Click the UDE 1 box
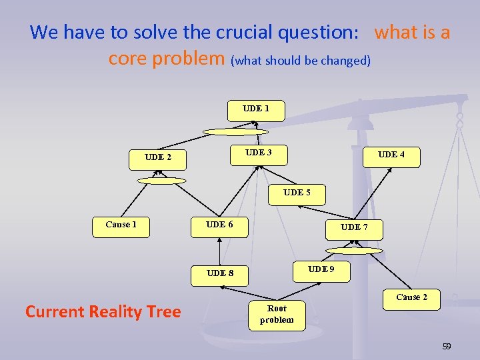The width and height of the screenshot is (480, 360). (256, 111)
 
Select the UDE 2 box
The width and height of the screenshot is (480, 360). (158, 159)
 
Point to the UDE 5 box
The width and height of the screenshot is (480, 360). (297, 195)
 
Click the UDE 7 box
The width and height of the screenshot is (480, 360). (354, 229)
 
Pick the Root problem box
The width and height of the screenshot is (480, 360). (277, 313)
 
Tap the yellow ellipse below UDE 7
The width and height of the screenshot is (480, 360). (354, 251)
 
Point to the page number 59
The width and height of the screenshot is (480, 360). (447, 347)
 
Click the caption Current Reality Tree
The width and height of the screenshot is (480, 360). (103, 312)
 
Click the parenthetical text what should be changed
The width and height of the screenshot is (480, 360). (301, 61)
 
